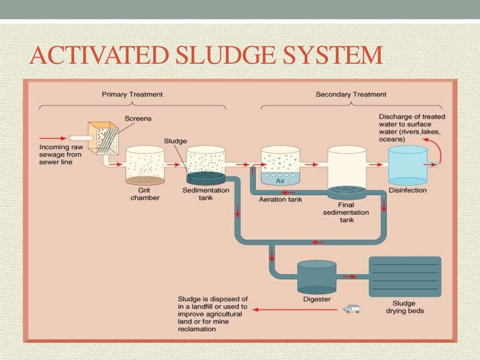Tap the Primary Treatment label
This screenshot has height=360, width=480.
coord(132,94)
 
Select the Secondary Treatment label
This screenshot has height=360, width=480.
coord(351,94)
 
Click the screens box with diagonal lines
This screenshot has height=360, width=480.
coord(104,139)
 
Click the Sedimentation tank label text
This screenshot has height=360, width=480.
coord(206,194)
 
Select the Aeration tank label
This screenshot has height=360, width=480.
coord(281,199)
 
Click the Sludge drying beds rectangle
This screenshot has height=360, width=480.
coord(405,277)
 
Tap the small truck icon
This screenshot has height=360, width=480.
coord(352,309)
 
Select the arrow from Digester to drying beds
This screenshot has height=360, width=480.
coord(349,277)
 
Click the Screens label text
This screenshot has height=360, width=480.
coord(138,119)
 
